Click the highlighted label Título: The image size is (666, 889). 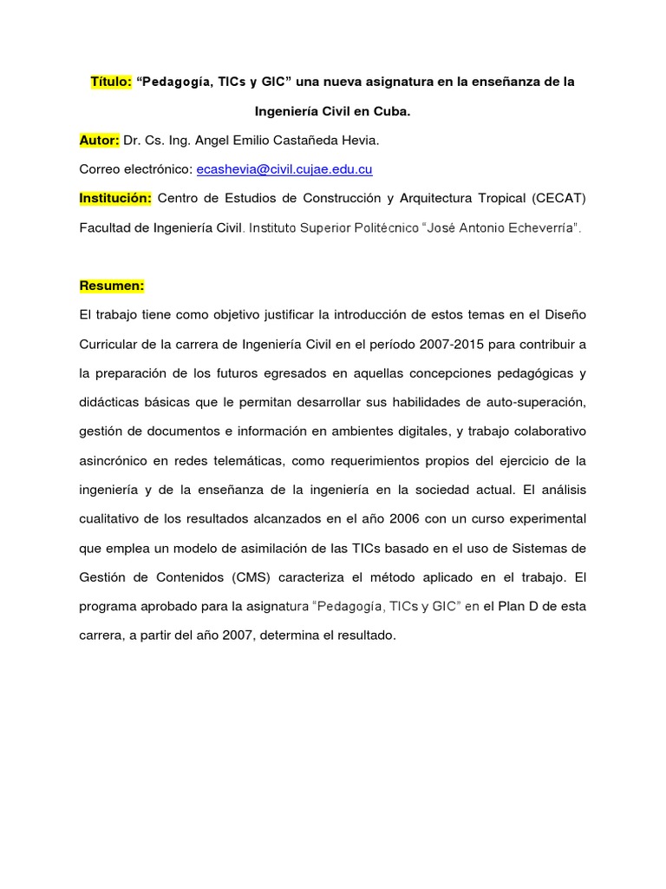click(x=111, y=82)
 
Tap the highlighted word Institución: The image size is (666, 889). click(x=115, y=199)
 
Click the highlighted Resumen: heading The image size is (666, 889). click(x=112, y=286)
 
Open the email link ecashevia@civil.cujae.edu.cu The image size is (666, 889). click(x=284, y=169)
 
